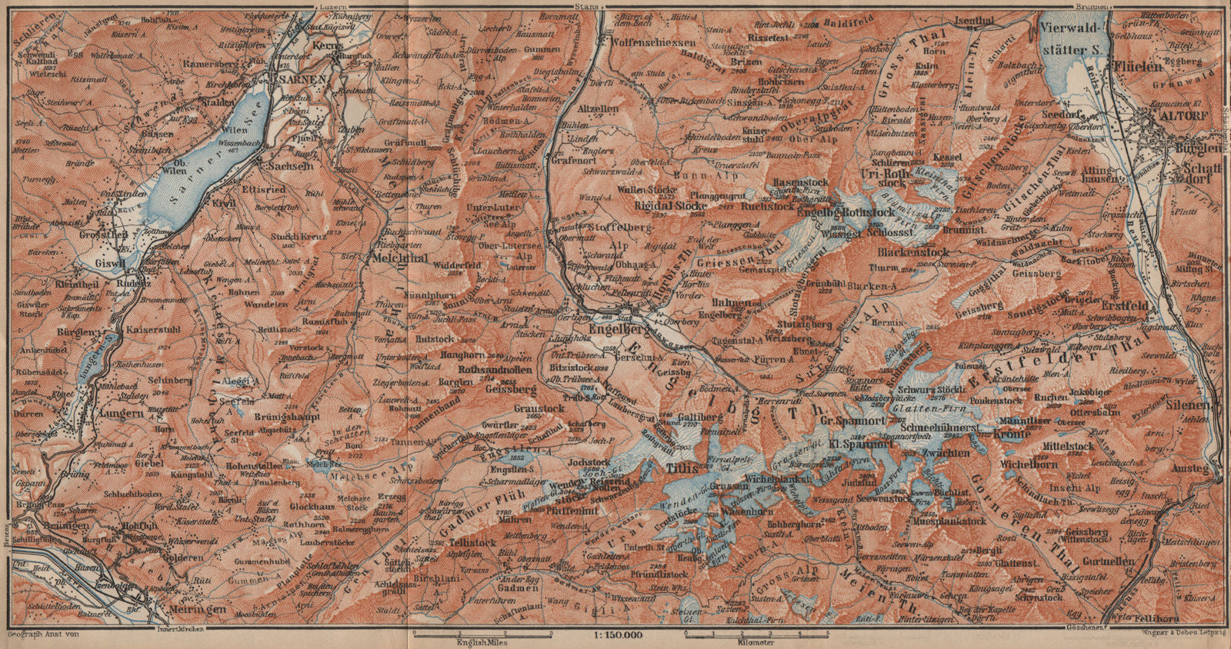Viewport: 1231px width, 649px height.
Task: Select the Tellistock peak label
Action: (x=472, y=543)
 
